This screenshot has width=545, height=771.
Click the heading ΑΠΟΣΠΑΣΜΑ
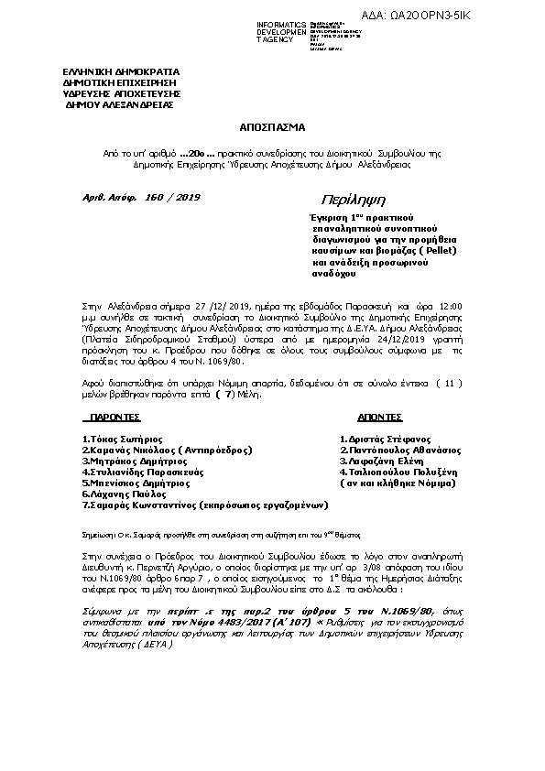[x=272, y=128]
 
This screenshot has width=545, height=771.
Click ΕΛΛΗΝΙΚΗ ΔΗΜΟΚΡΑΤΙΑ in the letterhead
[x=121, y=72]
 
